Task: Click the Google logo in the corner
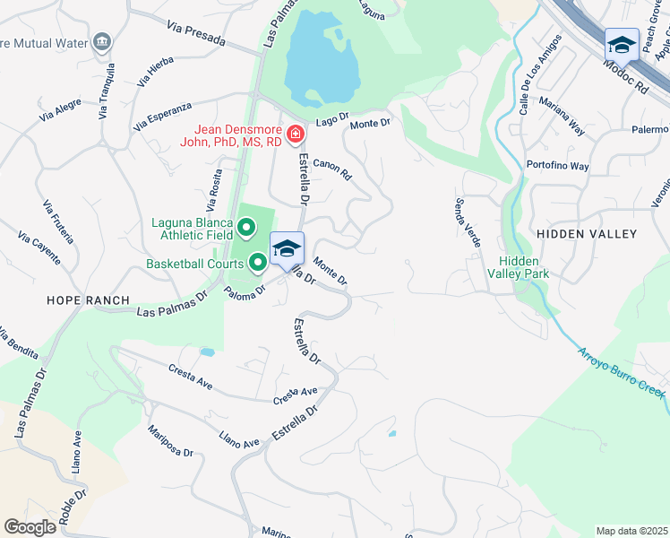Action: (30, 527)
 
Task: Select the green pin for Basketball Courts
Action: (258, 263)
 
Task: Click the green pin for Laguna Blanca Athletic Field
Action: (243, 222)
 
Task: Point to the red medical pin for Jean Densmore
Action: (295, 134)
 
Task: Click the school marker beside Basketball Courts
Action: (287, 248)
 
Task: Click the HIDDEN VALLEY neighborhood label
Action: (586, 234)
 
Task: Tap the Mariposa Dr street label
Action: (171, 440)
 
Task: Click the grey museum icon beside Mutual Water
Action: (102, 41)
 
